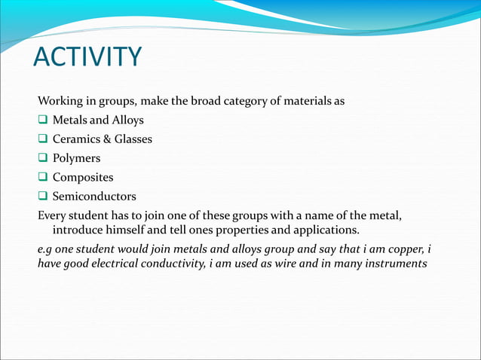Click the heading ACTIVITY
point(87,57)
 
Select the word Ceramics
point(78,139)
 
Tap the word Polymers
point(76,159)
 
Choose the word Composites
point(83,178)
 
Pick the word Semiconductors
point(94,197)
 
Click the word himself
point(130,230)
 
